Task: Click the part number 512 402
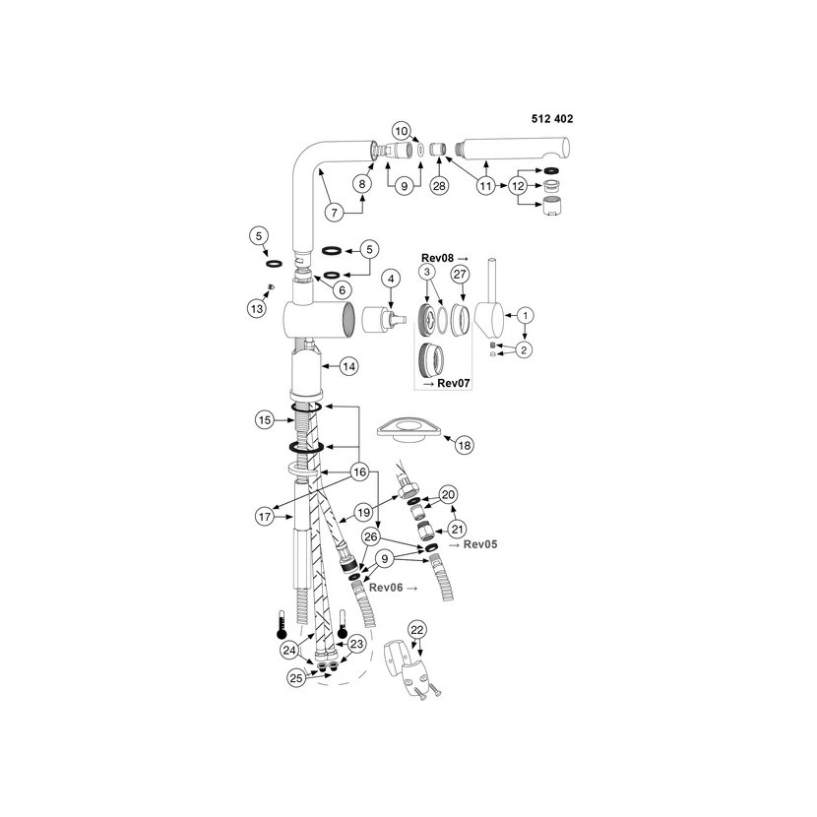click(552, 119)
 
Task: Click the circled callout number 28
click(439, 185)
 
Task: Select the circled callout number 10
click(402, 131)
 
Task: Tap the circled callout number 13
click(257, 308)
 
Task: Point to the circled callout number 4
click(391, 279)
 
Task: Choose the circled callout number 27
click(460, 274)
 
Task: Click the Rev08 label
click(437, 258)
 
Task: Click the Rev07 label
click(454, 383)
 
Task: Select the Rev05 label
click(480, 544)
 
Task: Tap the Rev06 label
click(386, 588)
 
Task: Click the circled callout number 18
click(464, 445)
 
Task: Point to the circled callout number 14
click(348, 366)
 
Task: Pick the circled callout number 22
click(417, 630)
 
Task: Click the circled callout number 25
click(296, 678)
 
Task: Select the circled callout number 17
click(265, 517)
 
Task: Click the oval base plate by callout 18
click(409, 430)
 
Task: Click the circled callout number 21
click(457, 530)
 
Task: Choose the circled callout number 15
click(265, 419)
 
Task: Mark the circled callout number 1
click(526, 315)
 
